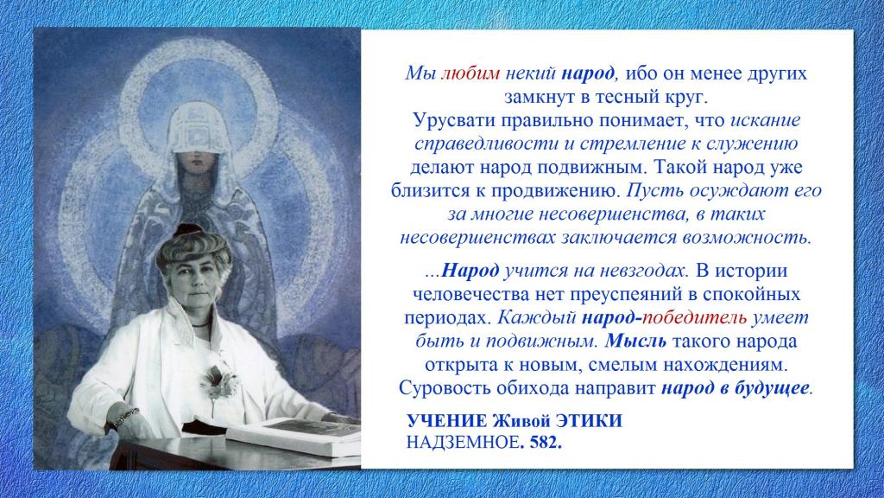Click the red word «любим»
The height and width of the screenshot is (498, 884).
tap(470, 73)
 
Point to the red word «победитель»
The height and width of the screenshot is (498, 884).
tap(695, 317)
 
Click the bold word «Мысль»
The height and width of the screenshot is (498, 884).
tap(635, 341)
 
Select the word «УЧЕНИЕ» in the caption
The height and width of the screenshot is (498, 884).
tap(447, 421)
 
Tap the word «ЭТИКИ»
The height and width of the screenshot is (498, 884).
tap(589, 421)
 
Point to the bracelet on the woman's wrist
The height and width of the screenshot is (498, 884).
tap(125, 418)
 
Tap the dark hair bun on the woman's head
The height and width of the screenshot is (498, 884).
tap(187, 229)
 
